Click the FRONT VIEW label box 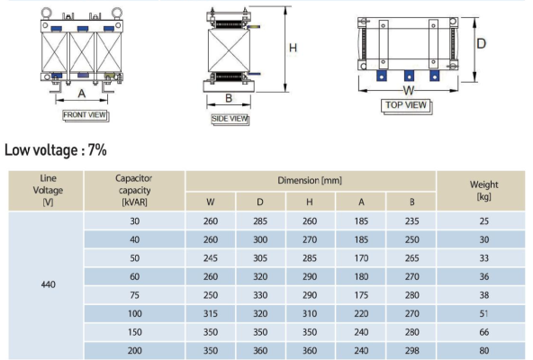click(x=86, y=115)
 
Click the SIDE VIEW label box click(x=230, y=118)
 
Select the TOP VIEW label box click(x=406, y=104)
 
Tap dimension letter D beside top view click(x=482, y=43)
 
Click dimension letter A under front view click(x=82, y=93)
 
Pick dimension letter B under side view click(x=229, y=98)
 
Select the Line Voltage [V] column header click(x=49, y=190)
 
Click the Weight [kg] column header click(x=484, y=190)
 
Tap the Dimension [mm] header click(x=310, y=180)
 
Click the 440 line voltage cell click(x=49, y=284)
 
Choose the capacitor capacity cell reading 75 click(x=134, y=294)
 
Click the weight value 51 click(x=484, y=314)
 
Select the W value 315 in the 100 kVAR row click(x=211, y=314)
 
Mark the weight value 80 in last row click(x=484, y=352)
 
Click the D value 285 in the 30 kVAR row click(x=260, y=220)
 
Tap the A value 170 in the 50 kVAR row click(x=360, y=258)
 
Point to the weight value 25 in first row click(x=484, y=220)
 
